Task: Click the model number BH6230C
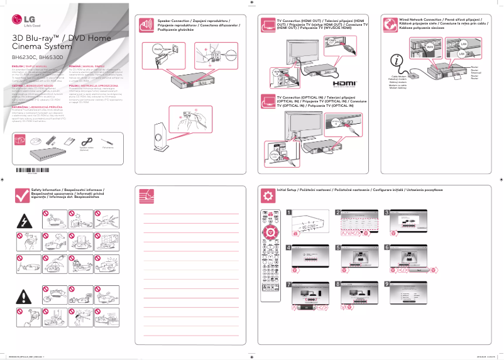pyautogui.click(x=23, y=57)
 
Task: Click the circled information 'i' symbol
pyautogui.click(x=397, y=61)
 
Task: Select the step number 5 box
pyautogui.click(x=337, y=248)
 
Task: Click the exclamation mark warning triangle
pyautogui.click(x=25, y=297)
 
